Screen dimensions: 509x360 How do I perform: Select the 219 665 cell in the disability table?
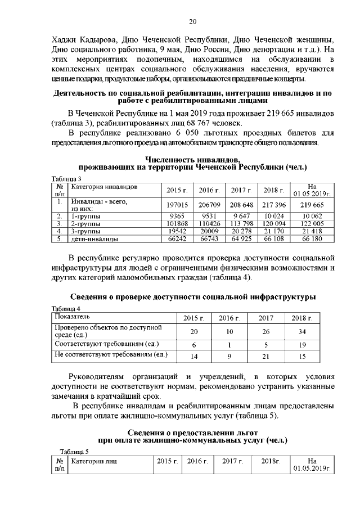tap(312, 206)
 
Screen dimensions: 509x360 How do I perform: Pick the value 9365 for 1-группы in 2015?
tap(178, 216)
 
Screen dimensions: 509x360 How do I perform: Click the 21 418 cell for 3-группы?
tap(312, 232)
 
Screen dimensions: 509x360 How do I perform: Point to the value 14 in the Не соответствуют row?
tap(194, 356)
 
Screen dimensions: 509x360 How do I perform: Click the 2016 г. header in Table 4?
tap(229, 319)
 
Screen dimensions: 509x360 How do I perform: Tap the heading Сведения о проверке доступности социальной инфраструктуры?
tap(192, 296)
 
